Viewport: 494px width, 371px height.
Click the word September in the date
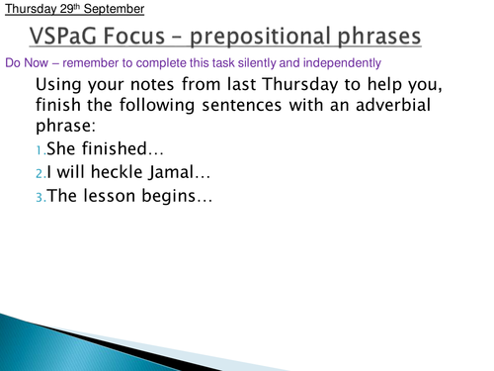tap(112, 9)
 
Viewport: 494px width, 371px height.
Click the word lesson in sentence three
tap(114, 196)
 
